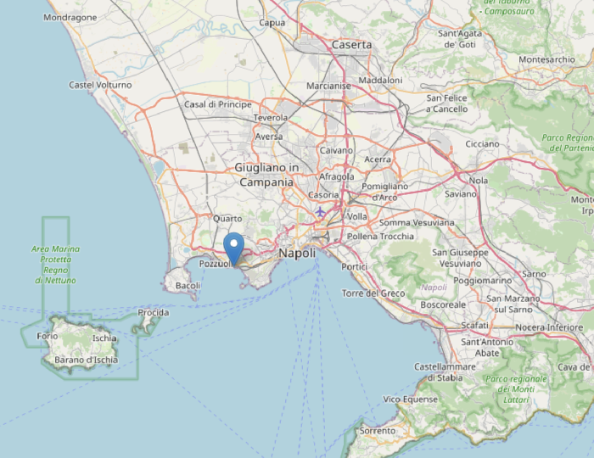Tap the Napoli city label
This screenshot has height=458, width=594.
[296, 253]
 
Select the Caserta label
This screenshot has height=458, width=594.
[351, 44]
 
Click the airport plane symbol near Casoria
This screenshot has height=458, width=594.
[320, 211]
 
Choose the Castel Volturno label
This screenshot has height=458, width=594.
[100, 85]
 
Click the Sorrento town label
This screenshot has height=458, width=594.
[377, 431]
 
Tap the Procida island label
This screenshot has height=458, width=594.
[153, 312]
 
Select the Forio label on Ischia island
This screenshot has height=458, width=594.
[48, 337]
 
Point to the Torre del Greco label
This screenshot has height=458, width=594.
[373, 293]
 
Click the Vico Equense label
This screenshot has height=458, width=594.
[410, 399]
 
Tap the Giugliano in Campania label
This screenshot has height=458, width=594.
[266, 175]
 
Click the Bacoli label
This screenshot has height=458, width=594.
[187, 286]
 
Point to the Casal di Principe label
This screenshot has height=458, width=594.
[218, 104]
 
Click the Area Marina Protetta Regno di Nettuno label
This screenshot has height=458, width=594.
[54, 264]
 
